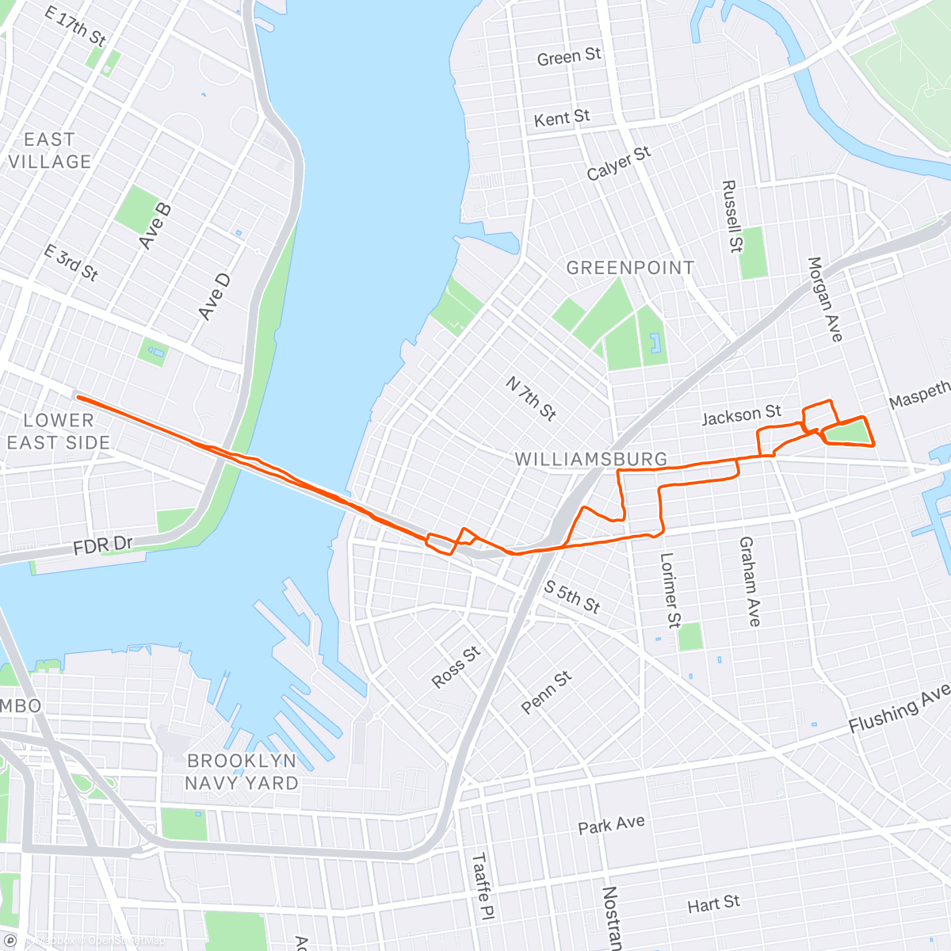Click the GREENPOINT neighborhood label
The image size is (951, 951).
[x=630, y=268]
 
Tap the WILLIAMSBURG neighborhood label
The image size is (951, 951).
[x=591, y=459]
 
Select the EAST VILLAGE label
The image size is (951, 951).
[x=49, y=151]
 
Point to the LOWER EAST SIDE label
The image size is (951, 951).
[x=58, y=431]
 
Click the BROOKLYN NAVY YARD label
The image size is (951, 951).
[x=242, y=771]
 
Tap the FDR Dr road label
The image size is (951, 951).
[x=103, y=546]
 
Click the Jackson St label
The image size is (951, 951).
[x=741, y=414]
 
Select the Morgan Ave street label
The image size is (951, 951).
[x=824, y=300]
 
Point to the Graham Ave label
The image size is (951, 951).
[x=750, y=582]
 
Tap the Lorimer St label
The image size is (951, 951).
[x=670, y=590]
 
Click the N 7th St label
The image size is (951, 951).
[x=531, y=398]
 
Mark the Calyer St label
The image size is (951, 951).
[x=618, y=162]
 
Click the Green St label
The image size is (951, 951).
[x=569, y=57]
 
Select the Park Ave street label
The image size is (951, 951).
[x=611, y=824]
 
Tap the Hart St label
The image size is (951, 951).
[x=713, y=903]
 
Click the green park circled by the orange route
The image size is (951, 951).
[x=846, y=433]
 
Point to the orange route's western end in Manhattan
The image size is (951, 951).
[x=77, y=395]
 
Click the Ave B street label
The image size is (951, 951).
[x=155, y=227]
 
